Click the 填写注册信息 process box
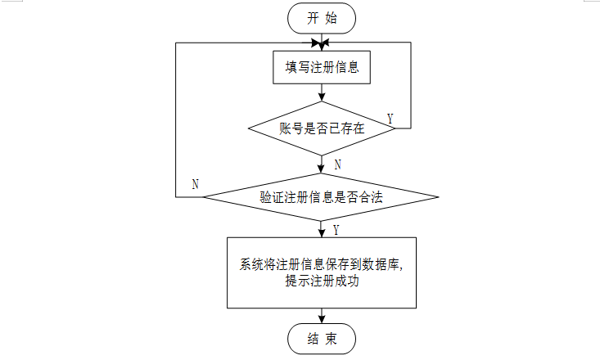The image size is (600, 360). pos(322,68)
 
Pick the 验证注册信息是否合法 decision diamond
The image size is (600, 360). pos(322,197)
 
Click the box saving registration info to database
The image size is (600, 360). pos(322,272)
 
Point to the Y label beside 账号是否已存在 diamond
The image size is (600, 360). pos(390,119)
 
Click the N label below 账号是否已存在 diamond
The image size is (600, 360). pos(337,164)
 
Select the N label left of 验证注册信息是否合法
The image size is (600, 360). pos(195,184)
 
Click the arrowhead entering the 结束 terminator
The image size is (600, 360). pos(322,319)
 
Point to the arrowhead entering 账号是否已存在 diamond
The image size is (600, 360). pos(322,97)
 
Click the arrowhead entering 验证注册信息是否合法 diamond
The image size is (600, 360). pos(322,170)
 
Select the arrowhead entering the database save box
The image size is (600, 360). pos(322,233)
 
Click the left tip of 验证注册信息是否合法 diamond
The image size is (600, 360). pos(205,197)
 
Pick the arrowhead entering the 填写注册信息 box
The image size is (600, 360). pos(322,48)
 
